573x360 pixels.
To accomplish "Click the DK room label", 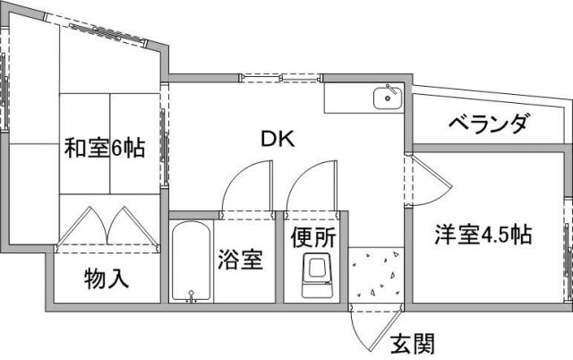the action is [x=278, y=139].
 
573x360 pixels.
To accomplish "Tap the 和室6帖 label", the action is [x=105, y=148].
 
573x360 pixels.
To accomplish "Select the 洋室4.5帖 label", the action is [x=483, y=235].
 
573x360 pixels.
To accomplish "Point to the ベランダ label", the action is [x=488, y=124].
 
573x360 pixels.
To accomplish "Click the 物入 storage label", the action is [x=107, y=279].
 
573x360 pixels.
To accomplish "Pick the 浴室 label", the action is [x=240, y=260].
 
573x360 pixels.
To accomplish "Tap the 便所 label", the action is [x=313, y=237].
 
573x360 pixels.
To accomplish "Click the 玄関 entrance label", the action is [x=413, y=344].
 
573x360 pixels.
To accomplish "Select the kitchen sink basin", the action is [x=388, y=99].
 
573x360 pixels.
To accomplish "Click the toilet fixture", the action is [x=317, y=276].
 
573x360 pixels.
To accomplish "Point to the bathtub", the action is [x=191, y=261].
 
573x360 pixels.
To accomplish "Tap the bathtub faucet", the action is [x=191, y=296].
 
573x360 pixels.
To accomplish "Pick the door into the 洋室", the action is [x=430, y=180].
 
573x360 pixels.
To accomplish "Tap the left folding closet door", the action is [x=81, y=226].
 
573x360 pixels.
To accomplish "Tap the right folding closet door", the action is [x=133, y=226].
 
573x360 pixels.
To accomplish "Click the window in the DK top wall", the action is [x=280, y=78].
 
